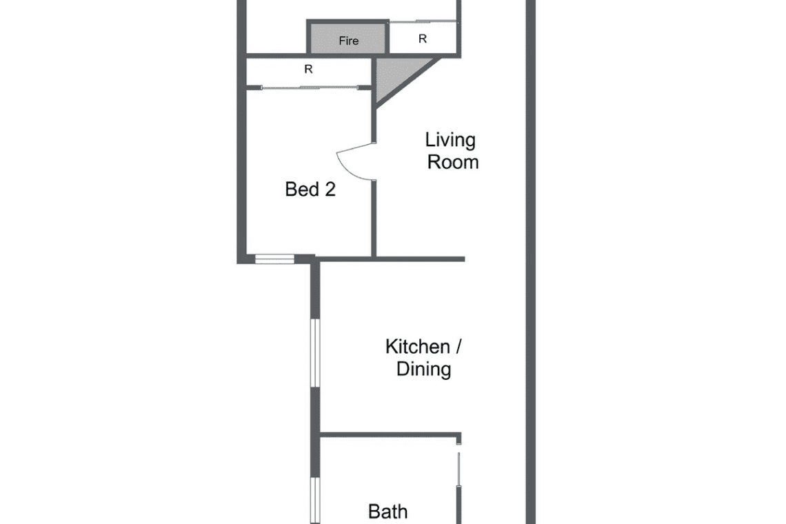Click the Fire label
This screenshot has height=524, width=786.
(348, 41)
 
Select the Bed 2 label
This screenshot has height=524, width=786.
(310, 190)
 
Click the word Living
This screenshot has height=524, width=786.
(450, 140)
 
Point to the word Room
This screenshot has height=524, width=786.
(453, 163)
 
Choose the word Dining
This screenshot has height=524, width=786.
(423, 369)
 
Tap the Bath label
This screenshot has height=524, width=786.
(387, 512)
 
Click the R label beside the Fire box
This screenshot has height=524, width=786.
(423, 39)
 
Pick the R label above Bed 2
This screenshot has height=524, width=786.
(308, 69)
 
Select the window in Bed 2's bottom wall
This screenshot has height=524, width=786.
(274, 259)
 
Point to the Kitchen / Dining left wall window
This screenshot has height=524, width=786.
(315, 353)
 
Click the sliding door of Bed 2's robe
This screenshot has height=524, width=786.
(310, 88)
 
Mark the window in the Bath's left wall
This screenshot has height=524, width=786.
(315, 501)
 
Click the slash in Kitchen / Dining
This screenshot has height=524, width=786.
(458, 347)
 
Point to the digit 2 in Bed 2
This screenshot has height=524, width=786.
(330, 190)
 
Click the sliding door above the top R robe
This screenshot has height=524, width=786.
(423, 21)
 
